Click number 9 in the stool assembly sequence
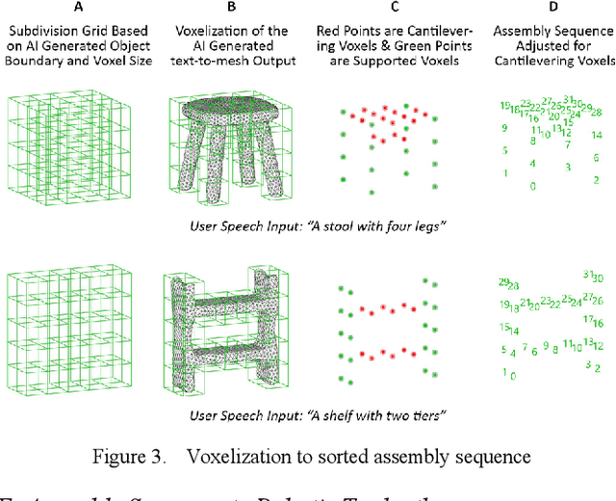[x=504, y=127]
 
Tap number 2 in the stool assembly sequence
[x=596, y=179]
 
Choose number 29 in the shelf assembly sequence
[x=503, y=282]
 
